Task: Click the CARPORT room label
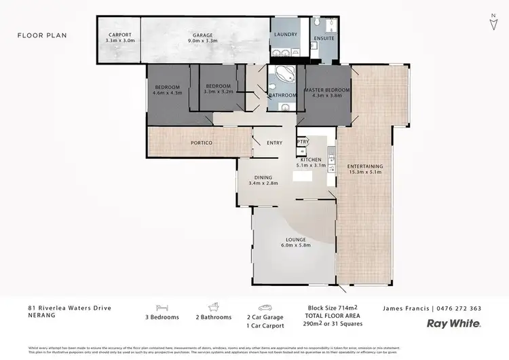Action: (x=121, y=37)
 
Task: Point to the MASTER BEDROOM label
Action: (x=326, y=93)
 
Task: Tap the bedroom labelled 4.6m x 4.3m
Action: (x=167, y=90)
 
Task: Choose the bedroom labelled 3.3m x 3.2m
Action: (x=219, y=88)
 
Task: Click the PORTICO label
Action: (x=202, y=143)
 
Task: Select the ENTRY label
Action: (x=275, y=143)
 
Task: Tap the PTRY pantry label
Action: (x=303, y=142)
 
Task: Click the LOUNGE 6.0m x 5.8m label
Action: (x=297, y=242)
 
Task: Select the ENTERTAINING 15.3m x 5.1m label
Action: (x=364, y=169)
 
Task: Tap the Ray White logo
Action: (x=453, y=324)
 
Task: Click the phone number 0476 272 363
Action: (x=462, y=308)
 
